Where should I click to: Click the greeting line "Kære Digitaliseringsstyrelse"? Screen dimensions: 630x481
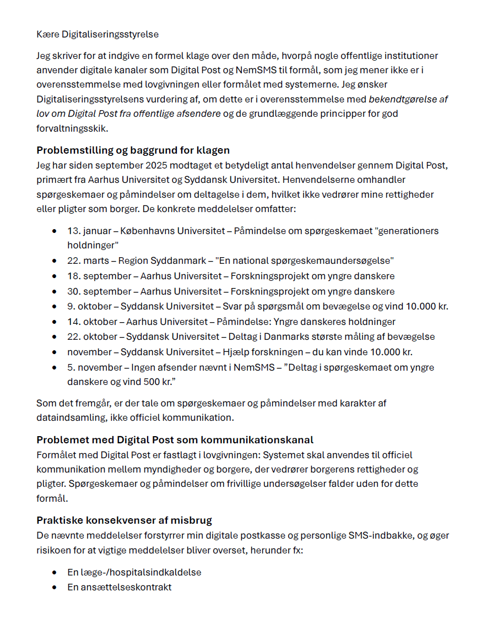(98, 34)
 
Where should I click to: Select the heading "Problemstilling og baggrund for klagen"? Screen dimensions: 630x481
(133, 150)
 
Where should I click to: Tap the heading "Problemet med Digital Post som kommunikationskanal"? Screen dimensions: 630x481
(175, 439)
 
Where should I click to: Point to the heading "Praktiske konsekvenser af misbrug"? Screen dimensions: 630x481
(124, 520)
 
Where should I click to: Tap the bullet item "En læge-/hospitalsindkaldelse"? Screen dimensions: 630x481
(134, 572)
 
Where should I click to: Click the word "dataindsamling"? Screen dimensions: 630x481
(69, 417)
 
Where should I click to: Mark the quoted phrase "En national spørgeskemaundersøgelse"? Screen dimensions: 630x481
(304, 260)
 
